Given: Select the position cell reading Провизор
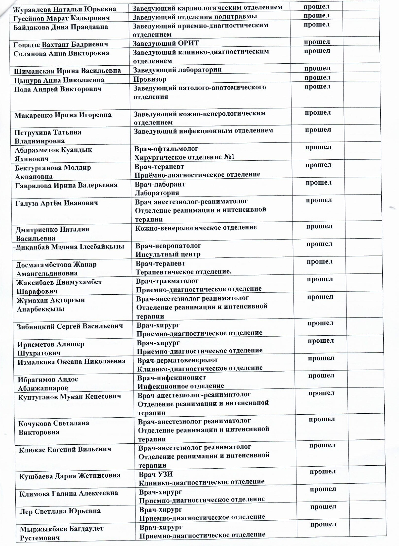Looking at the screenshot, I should (x=150, y=79).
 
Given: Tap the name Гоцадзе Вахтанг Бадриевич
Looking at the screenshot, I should (x=61, y=44).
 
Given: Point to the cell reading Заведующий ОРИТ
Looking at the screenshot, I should (x=166, y=43).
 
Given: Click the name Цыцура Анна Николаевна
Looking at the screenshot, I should (x=59, y=80).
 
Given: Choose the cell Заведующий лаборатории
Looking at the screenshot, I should (x=177, y=70).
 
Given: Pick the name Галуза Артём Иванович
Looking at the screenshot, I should (x=57, y=203).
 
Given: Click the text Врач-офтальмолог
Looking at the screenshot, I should (x=166, y=149).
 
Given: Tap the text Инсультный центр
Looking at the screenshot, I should (x=168, y=254).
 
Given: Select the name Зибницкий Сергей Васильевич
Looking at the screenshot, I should (x=70, y=326).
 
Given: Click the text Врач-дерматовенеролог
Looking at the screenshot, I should (x=177, y=360).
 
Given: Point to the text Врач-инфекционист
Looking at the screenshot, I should (x=172, y=377).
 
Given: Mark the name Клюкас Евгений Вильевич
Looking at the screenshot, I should (x=65, y=449).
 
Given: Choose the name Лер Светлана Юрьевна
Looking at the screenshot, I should (x=60, y=511).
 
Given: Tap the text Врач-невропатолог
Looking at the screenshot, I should (x=168, y=245).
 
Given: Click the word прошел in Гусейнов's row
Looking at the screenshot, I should (x=316, y=16).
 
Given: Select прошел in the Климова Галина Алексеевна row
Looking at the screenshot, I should (x=323, y=489).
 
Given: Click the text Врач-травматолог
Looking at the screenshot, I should (x=167, y=281).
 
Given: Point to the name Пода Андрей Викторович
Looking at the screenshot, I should (x=58, y=89).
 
